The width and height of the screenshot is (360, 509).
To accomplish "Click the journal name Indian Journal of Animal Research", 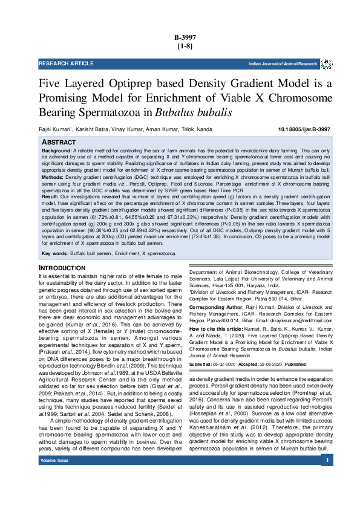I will pos(282,63).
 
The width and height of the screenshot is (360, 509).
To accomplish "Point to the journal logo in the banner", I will pos(326,63).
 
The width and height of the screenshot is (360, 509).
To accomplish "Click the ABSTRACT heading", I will pos(58,141).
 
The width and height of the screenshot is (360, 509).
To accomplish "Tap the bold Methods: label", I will pos(53,178).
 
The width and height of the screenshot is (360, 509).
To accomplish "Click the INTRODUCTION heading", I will pos(62,267).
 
